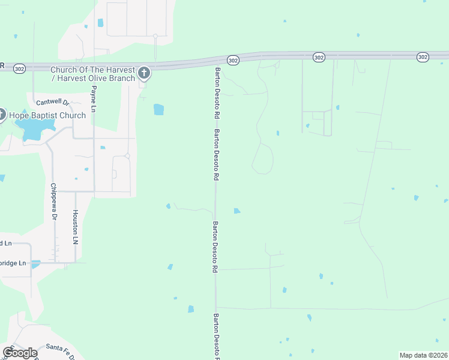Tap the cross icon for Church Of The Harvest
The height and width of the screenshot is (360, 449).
pyautogui.click(x=143, y=74)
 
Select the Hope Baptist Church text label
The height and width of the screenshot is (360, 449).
pyautogui.click(x=46, y=115)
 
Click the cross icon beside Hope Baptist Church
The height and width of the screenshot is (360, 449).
pyautogui.click(x=1, y=115)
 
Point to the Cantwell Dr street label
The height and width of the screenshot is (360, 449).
pyautogui.click(x=54, y=103)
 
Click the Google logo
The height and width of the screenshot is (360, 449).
pyautogui.click(x=20, y=353)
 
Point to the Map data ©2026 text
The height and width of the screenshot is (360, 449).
pyautogui.click(x=424, y=355)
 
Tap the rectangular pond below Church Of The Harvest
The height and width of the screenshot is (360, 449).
pyautogui.click(x=158, y=109)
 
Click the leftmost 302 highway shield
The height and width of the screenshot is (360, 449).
pyautogui.click(x=20, y=68)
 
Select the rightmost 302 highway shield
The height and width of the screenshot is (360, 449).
pyautogui.click(x=423, y=57)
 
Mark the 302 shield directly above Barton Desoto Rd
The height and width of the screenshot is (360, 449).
pyautogui.click(x=234, y=59)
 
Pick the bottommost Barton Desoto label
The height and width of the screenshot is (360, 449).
pyautogui.click(x=215, y=336)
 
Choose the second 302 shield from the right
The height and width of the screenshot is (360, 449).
pyautogui.click(x=319, y=57)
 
